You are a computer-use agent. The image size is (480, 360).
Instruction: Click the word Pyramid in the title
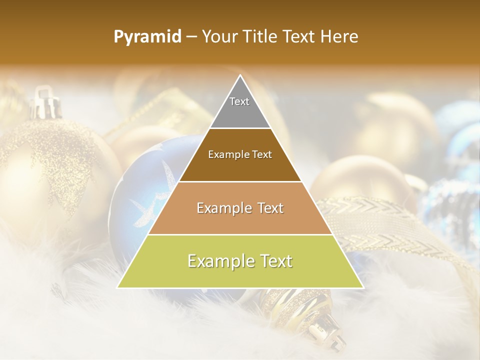[x=147, y=37]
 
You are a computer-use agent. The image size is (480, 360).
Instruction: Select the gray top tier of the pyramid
[x=240, y=112]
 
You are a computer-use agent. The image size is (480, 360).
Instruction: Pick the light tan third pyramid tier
[x=240, y=220]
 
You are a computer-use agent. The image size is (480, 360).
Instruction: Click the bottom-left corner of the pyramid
[x=118, y=287]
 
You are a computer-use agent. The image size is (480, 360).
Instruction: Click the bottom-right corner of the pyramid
[x=363, y=287]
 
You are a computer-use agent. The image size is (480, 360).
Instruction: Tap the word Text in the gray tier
[x=239, y=101]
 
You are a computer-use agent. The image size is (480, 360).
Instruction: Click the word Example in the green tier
[x=218, y=261]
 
